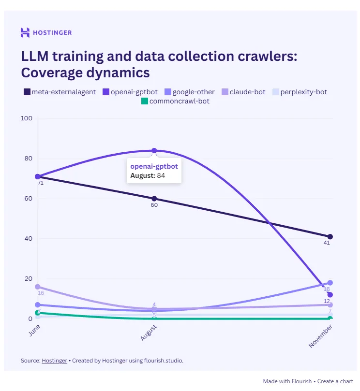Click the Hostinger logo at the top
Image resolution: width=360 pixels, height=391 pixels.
(x=46, y=33)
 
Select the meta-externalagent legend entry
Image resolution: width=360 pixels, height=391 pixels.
(x=60, y=92)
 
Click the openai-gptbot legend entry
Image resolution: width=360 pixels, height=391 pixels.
(x=130, y=92)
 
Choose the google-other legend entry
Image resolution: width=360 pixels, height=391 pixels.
(x=189, y=92)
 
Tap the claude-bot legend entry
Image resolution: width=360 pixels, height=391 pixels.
(x=243, y=92)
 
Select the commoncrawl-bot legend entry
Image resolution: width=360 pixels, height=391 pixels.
(x=175, y=101)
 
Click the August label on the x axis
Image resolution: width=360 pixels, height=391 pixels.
(x=149, y=333)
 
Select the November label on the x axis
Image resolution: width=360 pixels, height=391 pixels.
(x=321, y=336)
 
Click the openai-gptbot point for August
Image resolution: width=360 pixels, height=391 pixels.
(x=154, y=151)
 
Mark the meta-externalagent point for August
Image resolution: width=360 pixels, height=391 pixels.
(x=154, y=199)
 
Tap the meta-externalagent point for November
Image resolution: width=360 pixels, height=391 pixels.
(x=330, y=237)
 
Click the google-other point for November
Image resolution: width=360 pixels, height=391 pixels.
(x=330, y=283)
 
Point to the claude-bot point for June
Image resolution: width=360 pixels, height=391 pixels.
(x=37, y=287)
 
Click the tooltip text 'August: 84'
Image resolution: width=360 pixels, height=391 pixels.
(x=148, y=175)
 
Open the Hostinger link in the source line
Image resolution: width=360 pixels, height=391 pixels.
(x=55, y=361)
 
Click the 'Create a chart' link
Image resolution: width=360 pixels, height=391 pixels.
(x=335, y=381)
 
